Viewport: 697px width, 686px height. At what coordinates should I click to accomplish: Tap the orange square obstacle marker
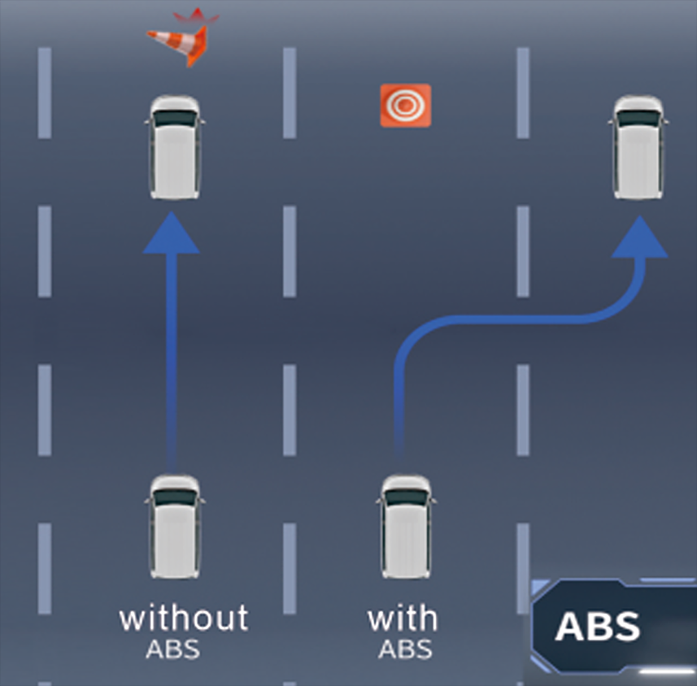(x=406, y=106)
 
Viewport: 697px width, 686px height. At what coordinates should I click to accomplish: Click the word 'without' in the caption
(x=184, y=617)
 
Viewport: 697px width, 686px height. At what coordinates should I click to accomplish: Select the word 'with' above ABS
(x=402, y=617)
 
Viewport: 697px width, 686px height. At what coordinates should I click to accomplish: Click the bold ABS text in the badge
(x=597, y=626)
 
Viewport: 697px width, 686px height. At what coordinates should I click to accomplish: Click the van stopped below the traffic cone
(x=175, y=147)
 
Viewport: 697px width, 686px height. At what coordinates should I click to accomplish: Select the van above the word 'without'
(x=175, y=526)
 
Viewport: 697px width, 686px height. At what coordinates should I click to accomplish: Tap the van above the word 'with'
(x=406, y=526)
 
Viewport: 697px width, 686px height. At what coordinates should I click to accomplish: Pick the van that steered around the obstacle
(x=638, y=147)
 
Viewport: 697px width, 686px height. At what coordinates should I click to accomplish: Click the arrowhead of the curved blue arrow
(x=639, y=237)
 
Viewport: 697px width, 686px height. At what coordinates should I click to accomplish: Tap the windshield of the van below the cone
(x=175, y=118)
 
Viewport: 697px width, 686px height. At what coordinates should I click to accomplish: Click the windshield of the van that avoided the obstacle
(x=638, y=118)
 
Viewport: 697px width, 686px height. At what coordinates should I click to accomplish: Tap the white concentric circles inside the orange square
(x=406, y=106)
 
